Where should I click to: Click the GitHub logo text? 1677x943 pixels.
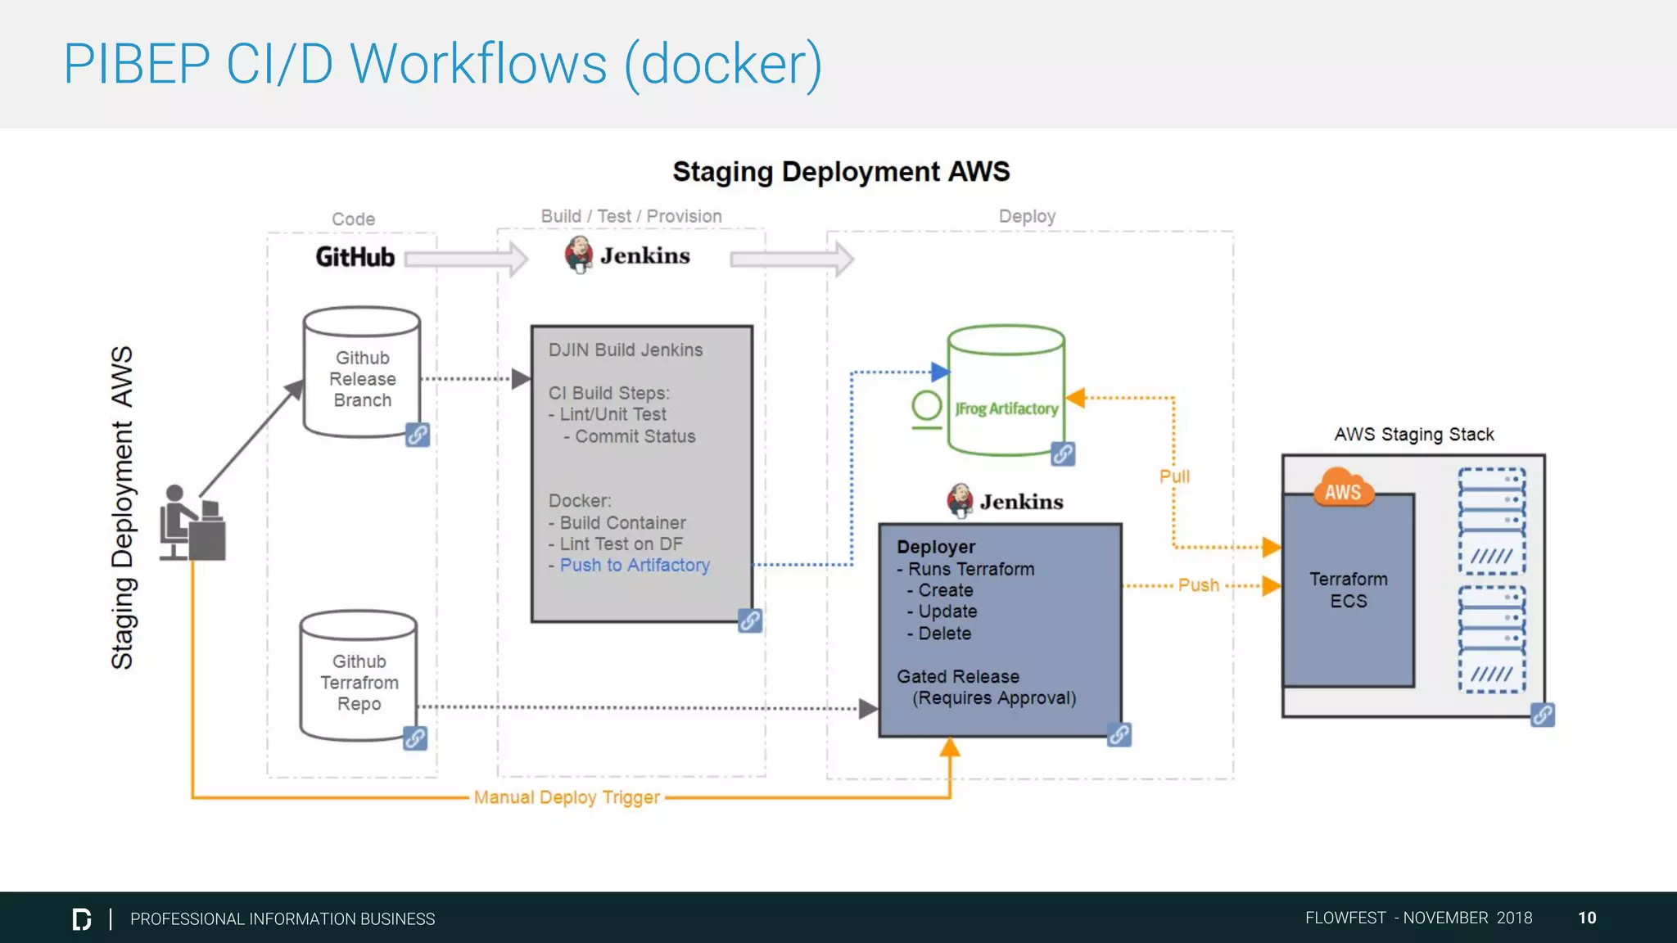pos(355,257)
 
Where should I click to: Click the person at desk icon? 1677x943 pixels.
pos(192,524)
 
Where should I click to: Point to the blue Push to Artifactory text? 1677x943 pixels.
pos(634,565)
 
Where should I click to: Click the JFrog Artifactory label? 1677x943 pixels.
pos(1006,408)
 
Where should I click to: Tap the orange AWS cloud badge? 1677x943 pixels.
pos(1343,490)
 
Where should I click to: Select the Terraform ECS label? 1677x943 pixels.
pos(1348,590)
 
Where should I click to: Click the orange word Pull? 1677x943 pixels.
pos(1174,476)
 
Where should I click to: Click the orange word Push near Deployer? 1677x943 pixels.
pos(1198,585)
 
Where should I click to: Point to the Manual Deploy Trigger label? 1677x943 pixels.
pos(567,797)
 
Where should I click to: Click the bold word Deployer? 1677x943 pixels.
pos(936,547)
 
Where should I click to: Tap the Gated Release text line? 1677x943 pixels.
pos(958,677)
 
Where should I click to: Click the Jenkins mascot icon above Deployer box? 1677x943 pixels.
pos(960,500)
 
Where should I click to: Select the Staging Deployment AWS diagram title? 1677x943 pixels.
pos(841,172)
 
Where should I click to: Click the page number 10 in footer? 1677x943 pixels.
pos(1587,918)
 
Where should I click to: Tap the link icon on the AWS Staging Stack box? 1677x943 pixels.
pos(1543,715)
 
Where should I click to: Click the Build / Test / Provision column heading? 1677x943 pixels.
pos(631,216)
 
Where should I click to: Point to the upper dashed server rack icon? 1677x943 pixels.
pos(1492,521)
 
